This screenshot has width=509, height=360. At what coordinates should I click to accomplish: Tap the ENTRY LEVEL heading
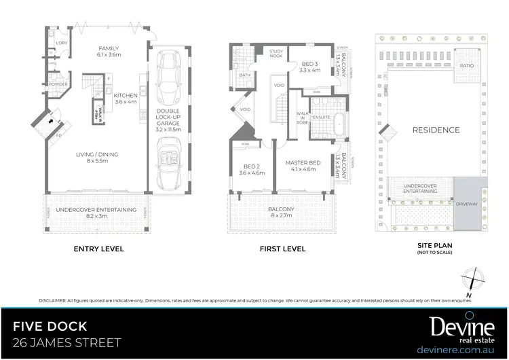pyautogui.click(x=98, y=249)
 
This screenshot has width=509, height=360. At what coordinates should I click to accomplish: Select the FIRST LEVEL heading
pyautogui.click(x=283, y=249)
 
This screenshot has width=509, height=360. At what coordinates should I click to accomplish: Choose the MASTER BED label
pyautogui.click(x=302, y=164)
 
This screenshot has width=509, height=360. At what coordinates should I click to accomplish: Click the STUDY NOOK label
pyautogui.click(x=276, y=52)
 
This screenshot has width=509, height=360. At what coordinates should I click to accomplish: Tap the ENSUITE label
pyautogui.click(x=321, y=117)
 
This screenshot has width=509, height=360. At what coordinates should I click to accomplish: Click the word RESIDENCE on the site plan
pyautogui.click(x=436, y=130)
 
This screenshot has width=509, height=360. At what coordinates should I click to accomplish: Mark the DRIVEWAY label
pyautogui.click(x=467, y=202)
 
